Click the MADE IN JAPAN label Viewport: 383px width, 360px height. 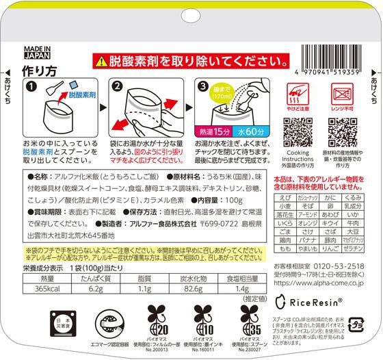(24, 53)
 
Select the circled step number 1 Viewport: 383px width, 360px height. (31, 87)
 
